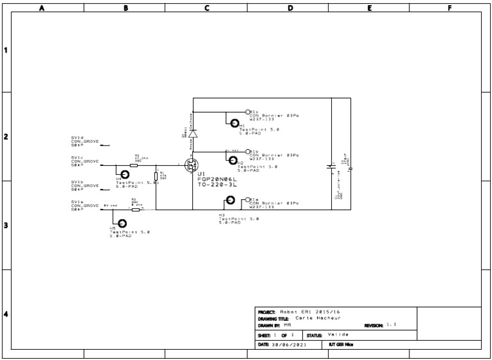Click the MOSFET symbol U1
click(191, 165)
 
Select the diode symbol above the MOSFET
click(193, 134)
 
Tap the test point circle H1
click(235, 123)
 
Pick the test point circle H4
click(125, 174)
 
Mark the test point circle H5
click(122, 222)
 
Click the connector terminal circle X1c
click(247, 111)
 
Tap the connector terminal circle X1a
click(247, 199)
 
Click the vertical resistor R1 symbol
click(156, 176)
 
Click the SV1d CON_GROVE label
click(85, 141)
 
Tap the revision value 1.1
click(391, 325)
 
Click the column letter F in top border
click(450, 8)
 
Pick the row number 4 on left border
click(6, 314)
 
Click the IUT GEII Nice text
click(340, 345)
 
